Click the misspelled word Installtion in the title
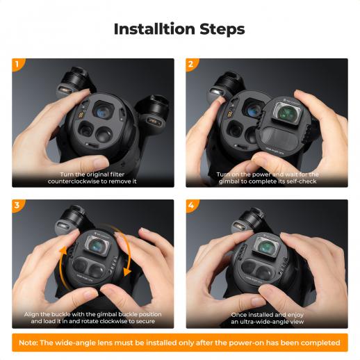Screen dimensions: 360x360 point(154,29)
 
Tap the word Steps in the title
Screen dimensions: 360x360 point(222,30)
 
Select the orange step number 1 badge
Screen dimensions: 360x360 point(18,64)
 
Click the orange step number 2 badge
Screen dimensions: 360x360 point(192,64)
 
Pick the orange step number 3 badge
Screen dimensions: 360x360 point(18,205)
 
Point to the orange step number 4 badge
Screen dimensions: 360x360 point(192,205)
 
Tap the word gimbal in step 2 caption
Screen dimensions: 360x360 point(229,181)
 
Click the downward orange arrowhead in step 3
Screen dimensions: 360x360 point(127,272)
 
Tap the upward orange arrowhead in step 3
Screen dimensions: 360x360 point(63,251)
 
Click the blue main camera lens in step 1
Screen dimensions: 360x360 point(102,111)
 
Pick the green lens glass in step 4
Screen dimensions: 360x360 point(266,247)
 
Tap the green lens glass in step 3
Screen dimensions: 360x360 point(97,244)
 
